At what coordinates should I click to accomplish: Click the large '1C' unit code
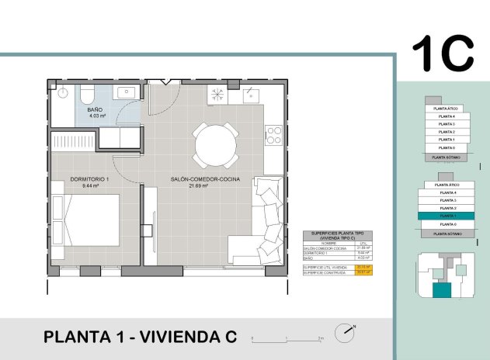(442, 53)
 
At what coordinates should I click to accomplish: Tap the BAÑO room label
(95, 110)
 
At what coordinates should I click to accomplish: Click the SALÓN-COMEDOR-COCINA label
(205, 179)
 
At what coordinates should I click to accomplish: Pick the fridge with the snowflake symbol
(218, 96)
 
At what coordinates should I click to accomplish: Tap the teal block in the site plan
(441, 291)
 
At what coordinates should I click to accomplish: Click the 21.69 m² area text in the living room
(205, 186)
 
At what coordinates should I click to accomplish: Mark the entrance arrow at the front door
(165, 81)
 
